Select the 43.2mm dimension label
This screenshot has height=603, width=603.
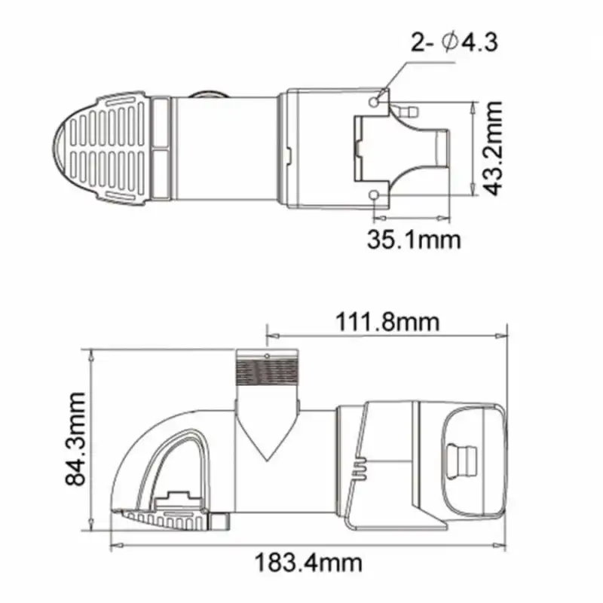[x=494, y=149]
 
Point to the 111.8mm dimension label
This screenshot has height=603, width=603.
[x=386, y=322]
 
